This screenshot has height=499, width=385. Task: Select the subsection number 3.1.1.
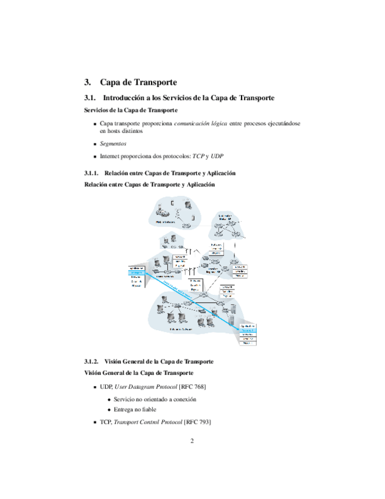pyautogui.click(x=93, y=173)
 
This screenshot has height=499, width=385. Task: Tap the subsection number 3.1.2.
pyautogui.click(x=93, y=361)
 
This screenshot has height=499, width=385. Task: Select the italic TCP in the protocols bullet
pyautogui.click(x=200, y=157)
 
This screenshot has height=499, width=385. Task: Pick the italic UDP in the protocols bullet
pyautogui.click(x=217, y=157)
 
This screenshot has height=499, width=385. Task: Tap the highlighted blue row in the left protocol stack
pyautogui.click(x=136, y=272)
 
